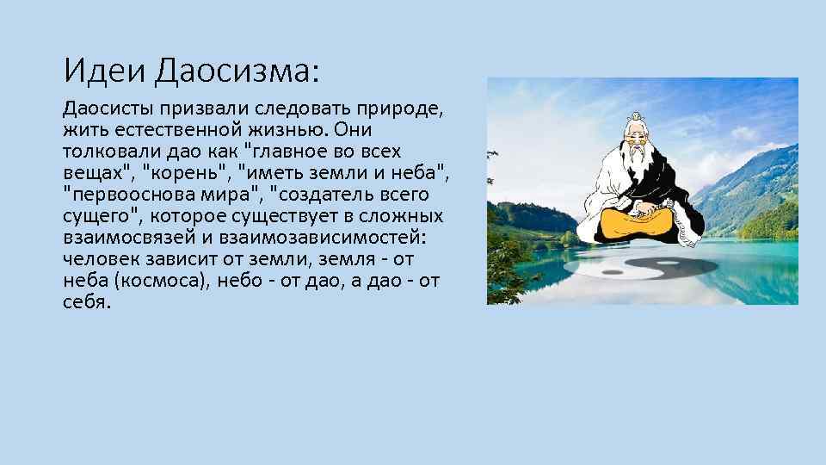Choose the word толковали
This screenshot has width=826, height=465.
pyautogui.click(x=104, y=151)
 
